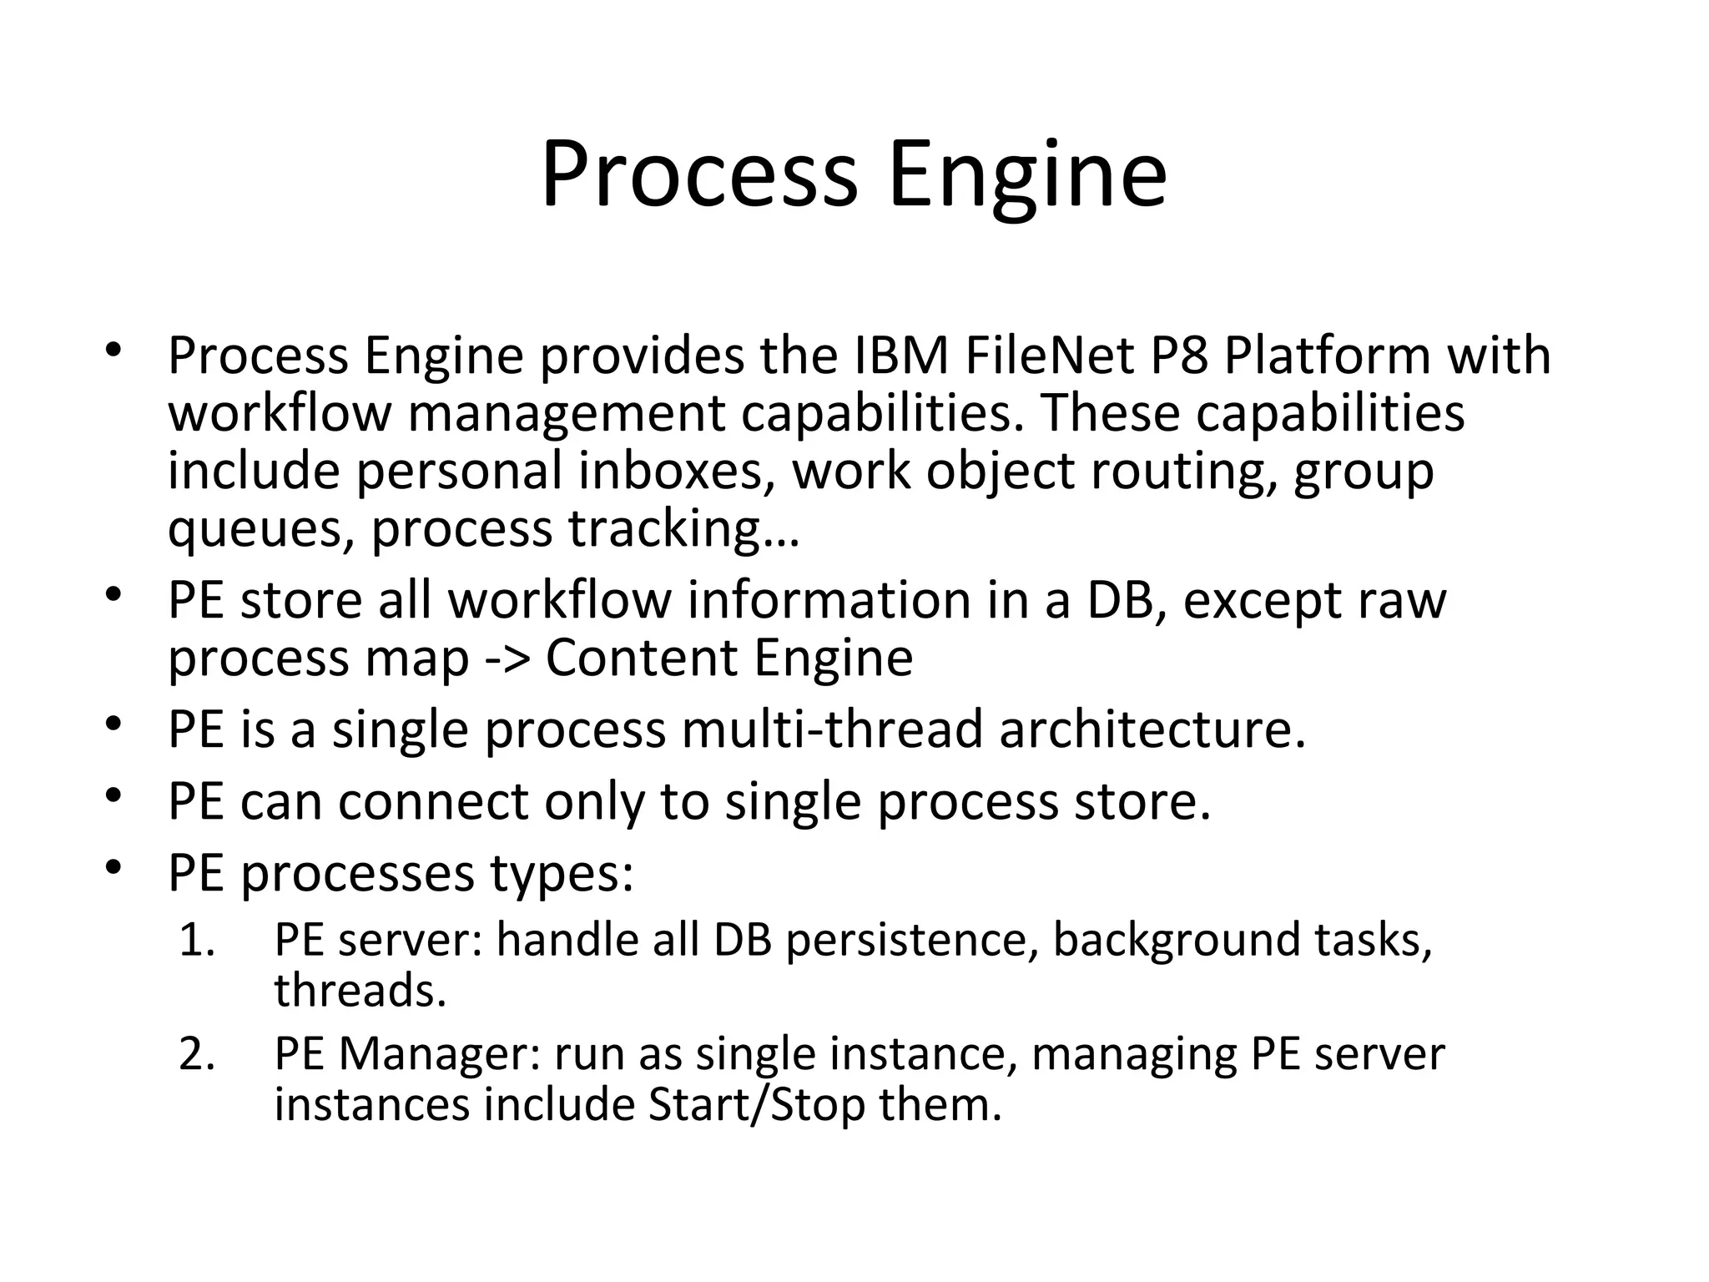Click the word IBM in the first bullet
(902, 356)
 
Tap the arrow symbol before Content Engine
(507, 659)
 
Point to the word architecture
(1152, 729)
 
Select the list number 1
(197, 941)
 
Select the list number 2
(197, 1055)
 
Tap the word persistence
(911, 941)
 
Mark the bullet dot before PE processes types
(114, 869)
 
